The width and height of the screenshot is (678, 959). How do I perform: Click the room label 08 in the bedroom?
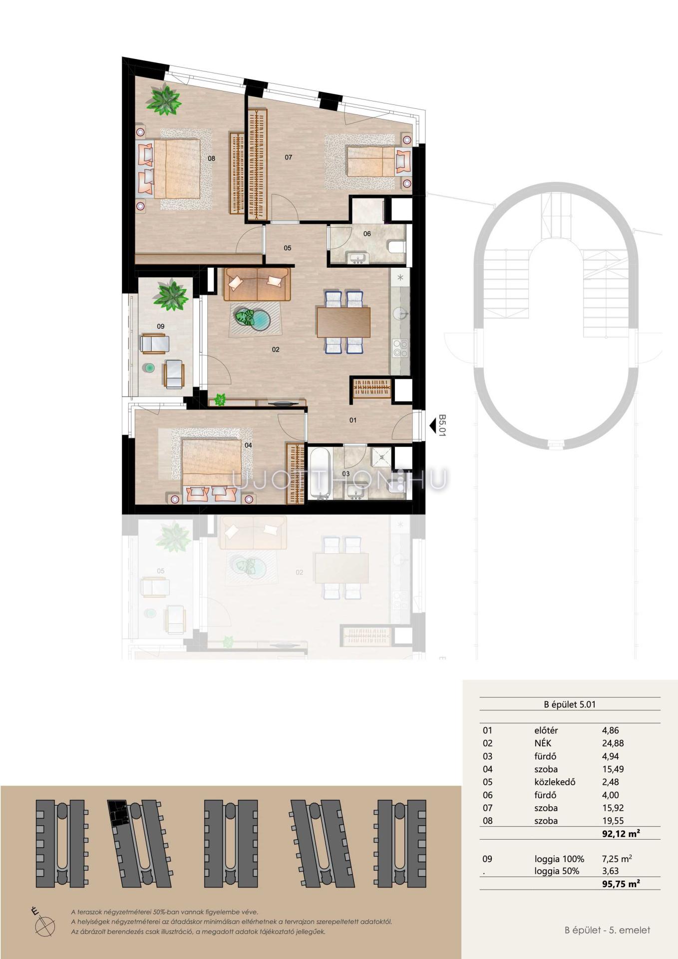coord(211,158)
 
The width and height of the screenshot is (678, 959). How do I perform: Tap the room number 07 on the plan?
coord(288,157)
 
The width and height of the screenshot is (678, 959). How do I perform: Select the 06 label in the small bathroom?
coord(367,234)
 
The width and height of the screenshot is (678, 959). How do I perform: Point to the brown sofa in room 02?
coord(257,284)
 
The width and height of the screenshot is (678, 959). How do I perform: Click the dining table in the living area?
coord(343,322)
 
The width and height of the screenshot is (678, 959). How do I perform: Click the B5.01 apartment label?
coord(442,426)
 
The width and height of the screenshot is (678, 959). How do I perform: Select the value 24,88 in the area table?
coord(613,743)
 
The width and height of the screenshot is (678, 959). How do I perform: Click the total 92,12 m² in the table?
coord(621,833)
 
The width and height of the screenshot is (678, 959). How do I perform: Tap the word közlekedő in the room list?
coord(555,782)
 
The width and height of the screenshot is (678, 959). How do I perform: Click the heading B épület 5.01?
coord(570,705)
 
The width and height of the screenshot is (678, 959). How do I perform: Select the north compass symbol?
coord(44,926)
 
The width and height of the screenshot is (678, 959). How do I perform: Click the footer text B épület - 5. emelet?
coord(607,930)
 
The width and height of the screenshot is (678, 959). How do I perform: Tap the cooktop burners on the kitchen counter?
coord(400,348)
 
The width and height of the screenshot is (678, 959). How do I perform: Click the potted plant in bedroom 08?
coord(163,98)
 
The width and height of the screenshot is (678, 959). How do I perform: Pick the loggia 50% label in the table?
coord(557,871)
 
